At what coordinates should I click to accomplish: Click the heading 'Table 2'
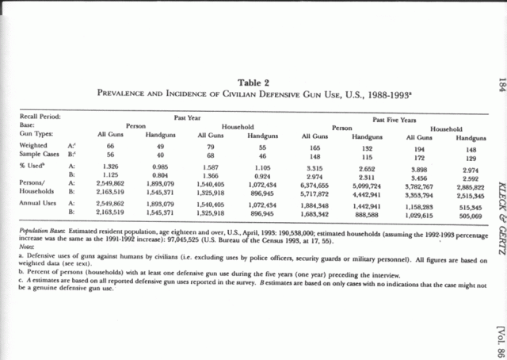(x=253, y=82)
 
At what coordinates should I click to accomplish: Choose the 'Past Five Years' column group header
(x=393, y=117)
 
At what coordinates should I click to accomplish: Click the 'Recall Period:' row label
(x=40, y=117)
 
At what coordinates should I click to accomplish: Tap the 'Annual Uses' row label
(x=40, y=204)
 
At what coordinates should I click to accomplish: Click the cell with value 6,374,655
(x=315, y=184)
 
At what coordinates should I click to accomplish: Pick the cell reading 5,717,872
(x=315, y=193)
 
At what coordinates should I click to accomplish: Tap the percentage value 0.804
(x=161, y=176)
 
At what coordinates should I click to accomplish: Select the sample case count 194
(x=419, y=147)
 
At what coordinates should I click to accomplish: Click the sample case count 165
(x=315, y=147)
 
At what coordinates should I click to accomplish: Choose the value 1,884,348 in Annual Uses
(x=315, y=205)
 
